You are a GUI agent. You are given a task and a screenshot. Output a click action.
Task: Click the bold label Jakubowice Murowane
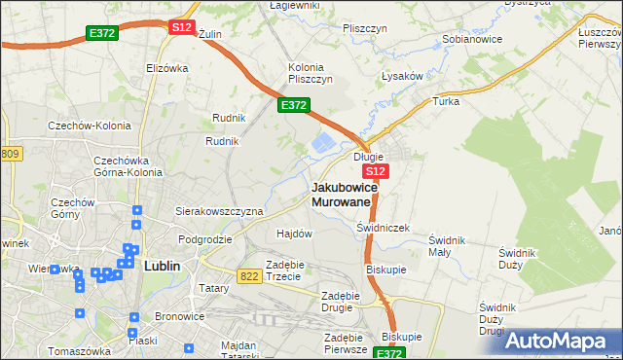tap(341, 194)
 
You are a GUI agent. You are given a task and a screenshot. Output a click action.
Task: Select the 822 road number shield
tap(248, 276)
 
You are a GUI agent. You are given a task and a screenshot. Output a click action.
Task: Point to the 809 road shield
tap(10, 154)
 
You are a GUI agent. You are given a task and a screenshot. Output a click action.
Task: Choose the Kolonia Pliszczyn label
tap(311, 73)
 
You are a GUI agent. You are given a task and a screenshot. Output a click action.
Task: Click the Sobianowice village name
tap(471, 40)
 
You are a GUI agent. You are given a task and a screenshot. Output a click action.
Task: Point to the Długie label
tap(369, 156)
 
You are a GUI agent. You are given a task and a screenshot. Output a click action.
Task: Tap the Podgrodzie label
tap(204, 238)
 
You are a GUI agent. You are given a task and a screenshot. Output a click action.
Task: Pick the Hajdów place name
tap(294, 234)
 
